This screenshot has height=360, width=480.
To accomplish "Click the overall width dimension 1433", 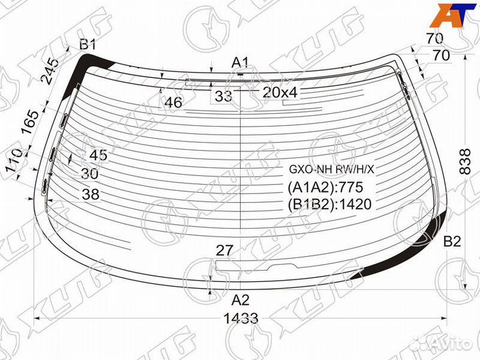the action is (x=241, y=319).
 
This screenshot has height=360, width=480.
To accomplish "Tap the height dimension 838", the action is (x=465, y=161).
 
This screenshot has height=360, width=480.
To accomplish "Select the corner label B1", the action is (x=88, y=45).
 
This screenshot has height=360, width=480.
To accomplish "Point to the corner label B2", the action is (x=452, y=242).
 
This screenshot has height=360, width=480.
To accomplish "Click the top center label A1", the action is (x=240, y=63).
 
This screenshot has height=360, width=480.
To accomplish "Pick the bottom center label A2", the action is (x=241, y=300).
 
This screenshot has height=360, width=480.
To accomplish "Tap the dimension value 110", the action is (x=15, y=161).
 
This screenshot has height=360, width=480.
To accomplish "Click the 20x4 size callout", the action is (x=280, y=93).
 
